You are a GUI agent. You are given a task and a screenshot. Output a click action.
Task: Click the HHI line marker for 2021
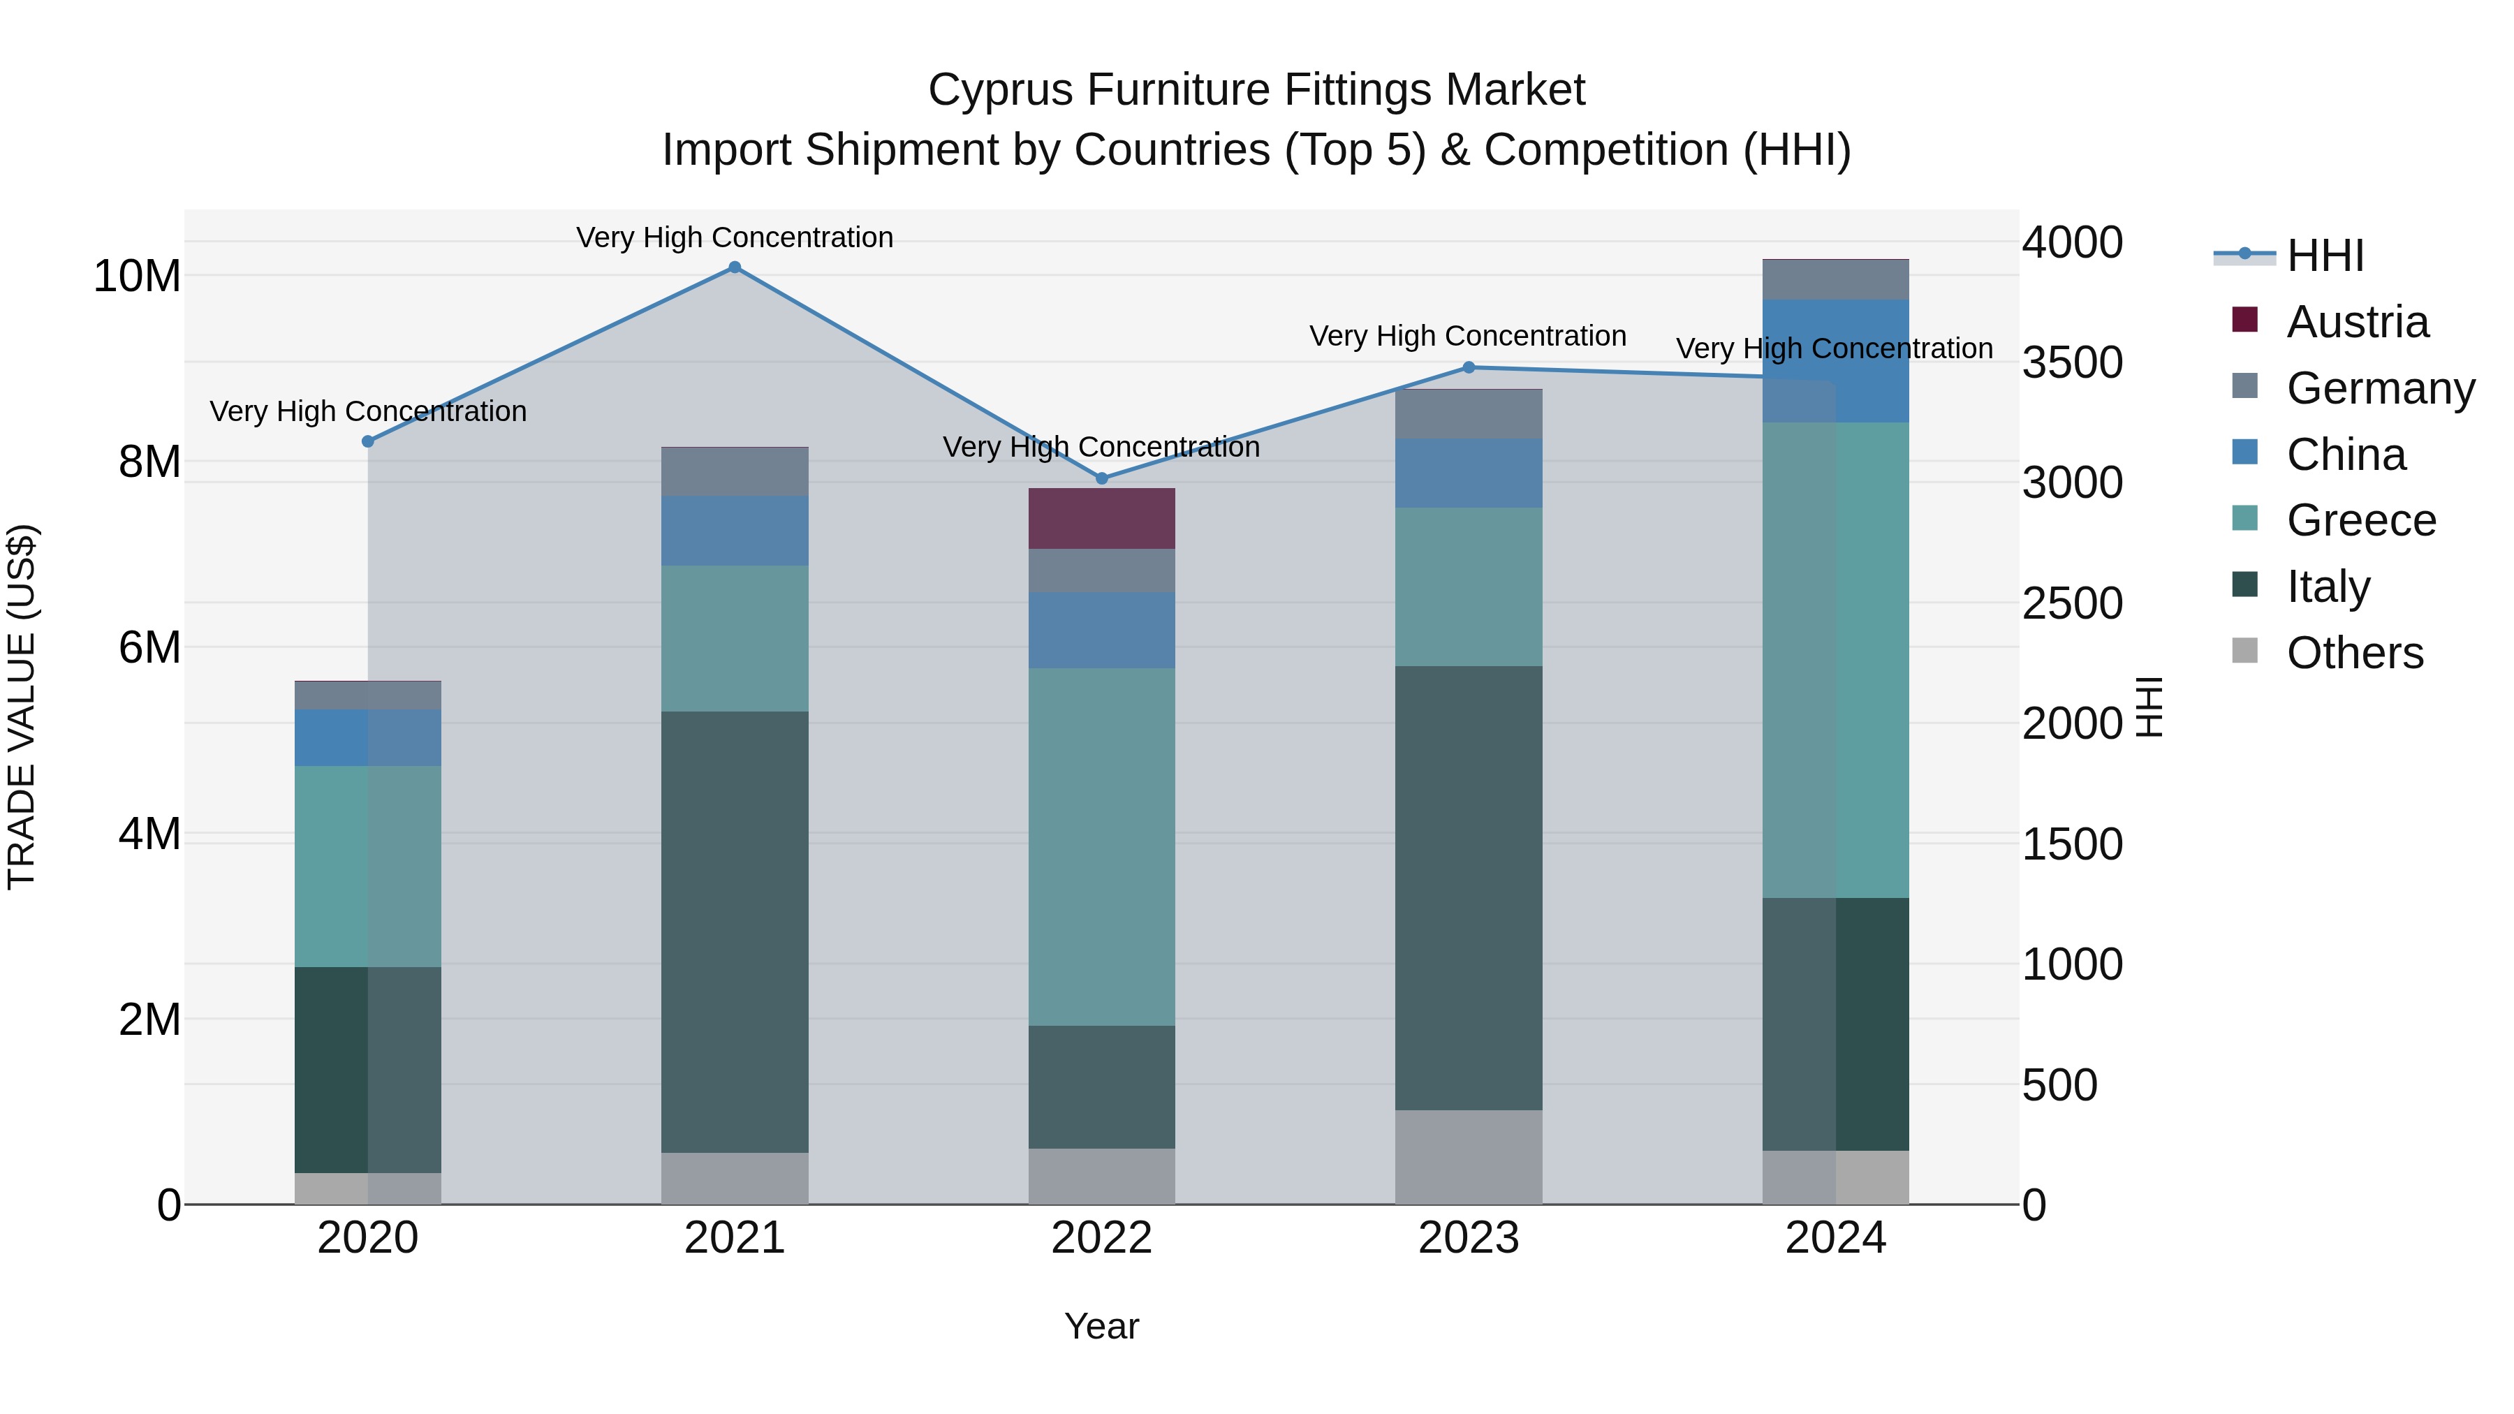click(735, 267)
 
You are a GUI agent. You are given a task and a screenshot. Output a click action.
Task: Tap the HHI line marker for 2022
click(1102, 478)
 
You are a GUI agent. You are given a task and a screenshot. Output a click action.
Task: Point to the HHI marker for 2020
click(368, 441)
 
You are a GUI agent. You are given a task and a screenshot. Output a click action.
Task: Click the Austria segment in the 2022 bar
click(1102, 518)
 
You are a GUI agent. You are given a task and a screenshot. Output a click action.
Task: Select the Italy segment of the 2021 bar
click(735, 932)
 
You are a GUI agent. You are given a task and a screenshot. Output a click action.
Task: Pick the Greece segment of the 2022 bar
click(1102, 846)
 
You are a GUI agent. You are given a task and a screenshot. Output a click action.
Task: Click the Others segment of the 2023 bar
click(1469, 1156)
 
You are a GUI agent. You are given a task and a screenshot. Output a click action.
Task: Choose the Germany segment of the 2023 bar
click(1469, 414)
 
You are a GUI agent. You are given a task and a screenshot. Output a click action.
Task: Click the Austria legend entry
click(2357, 322)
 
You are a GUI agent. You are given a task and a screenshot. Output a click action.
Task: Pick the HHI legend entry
click(2325, 256)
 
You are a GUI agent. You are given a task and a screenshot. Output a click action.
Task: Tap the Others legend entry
click(2354, 653)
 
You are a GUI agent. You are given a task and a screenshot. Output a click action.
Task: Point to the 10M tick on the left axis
click(137, 276)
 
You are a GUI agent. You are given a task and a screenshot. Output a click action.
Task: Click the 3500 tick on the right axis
click(2072, 363)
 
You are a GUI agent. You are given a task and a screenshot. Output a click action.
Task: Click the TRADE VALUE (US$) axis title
click(22, 707)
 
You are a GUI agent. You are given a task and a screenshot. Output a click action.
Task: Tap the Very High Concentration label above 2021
click(735, 237)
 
